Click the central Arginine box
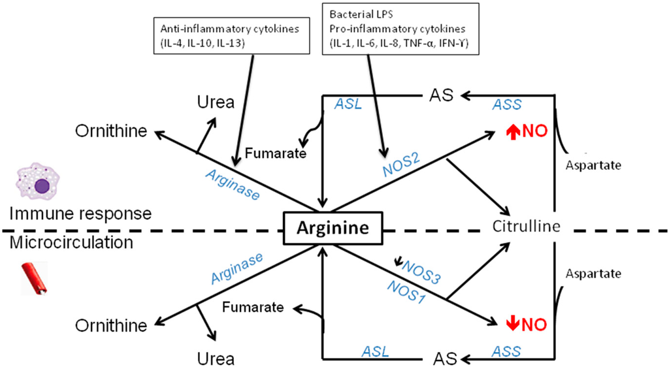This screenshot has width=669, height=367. click(330, 229)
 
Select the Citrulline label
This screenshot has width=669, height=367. click(527, 227)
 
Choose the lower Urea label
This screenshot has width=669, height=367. click(216, 358)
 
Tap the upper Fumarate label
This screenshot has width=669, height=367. click(276, 154)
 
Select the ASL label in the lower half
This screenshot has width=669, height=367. click(375, 352)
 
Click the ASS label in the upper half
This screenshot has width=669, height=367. click(507, 104)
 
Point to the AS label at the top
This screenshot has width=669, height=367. click(441, 95)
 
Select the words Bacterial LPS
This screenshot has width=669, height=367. click(357, 14)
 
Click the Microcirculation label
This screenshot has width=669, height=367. click(72, 243)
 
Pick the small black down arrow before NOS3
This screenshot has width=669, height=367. click(398, 263)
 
